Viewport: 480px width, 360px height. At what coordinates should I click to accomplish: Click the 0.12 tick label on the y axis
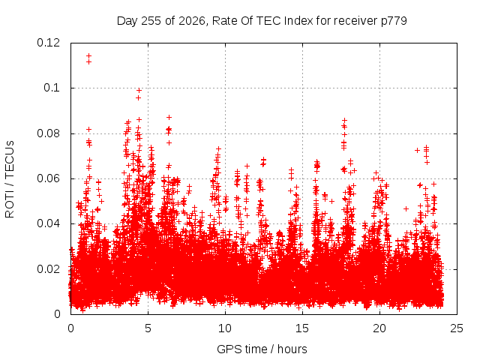(48, 43)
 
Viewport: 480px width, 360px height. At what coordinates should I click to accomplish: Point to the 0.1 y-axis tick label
(52, 88)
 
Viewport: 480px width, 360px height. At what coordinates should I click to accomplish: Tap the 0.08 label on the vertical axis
(48, 133)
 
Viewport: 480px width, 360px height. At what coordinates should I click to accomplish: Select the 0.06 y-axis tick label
(48, 178)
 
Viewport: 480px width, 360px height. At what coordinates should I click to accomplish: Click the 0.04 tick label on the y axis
(48, 223)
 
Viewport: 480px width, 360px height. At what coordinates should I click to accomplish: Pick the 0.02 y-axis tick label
(48, 268)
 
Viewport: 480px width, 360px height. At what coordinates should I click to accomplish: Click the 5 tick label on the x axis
(148, 328)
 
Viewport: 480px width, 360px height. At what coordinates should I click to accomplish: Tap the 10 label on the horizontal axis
(225, 328)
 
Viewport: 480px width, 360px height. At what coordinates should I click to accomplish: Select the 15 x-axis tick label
(302, 328)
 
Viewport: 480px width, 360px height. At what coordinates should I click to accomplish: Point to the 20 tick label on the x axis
(379, 328)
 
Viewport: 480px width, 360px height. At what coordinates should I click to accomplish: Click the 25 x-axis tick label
(457, 328)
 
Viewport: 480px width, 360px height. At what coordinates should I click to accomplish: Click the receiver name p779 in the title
(394, 21)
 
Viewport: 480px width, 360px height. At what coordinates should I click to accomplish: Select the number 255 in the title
(151, 21)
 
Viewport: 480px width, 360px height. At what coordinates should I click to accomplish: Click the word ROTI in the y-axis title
(10, 205)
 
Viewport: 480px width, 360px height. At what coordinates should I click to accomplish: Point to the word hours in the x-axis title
(292, 349)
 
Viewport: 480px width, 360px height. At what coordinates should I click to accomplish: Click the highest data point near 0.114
(88, 56)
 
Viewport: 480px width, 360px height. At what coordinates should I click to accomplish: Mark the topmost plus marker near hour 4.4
(139, 90)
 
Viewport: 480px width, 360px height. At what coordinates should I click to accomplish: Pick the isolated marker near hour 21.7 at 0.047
(406, 208)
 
